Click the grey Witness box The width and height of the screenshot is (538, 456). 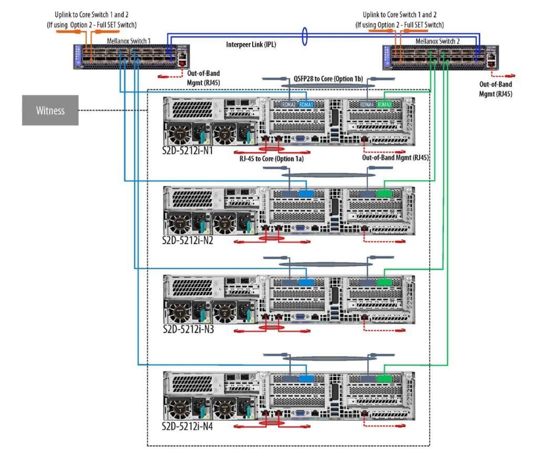point(50,110)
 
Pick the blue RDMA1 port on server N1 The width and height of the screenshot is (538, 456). point(306,104)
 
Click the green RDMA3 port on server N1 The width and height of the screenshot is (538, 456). point(384,104)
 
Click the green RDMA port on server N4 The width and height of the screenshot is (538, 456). point(384,378)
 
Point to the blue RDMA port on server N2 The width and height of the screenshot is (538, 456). point(306,193)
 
